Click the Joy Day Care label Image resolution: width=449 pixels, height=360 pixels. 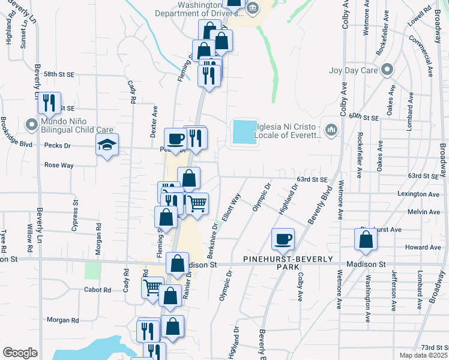353,70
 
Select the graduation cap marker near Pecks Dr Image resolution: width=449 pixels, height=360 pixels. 107,145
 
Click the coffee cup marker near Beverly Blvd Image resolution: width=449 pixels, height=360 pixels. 283,239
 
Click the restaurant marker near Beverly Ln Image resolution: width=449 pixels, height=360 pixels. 49,103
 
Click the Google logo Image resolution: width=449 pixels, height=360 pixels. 20,352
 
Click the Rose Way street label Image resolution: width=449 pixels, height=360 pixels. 59,165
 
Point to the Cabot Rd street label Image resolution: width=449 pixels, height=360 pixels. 98,290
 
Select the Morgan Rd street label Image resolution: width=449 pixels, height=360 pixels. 63,320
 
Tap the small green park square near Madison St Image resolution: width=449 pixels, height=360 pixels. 92,270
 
